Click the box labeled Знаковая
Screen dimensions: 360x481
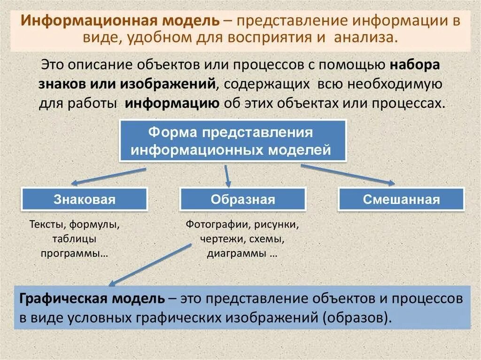click(x=84, y=199)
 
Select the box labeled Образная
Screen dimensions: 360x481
click(x=242, y=199)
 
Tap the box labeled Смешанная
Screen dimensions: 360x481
click(x=401, y=199)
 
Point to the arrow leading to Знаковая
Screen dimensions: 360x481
click(x=108, y=176)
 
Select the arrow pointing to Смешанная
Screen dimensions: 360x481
click(x=348, y=174)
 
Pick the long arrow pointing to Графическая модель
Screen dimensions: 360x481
click(x=150, y=265)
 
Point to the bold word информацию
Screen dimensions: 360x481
click(x=172, y=103)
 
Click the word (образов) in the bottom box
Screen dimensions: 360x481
click(x=357, y=317)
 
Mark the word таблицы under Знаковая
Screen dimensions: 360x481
click(x=75, y=239)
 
